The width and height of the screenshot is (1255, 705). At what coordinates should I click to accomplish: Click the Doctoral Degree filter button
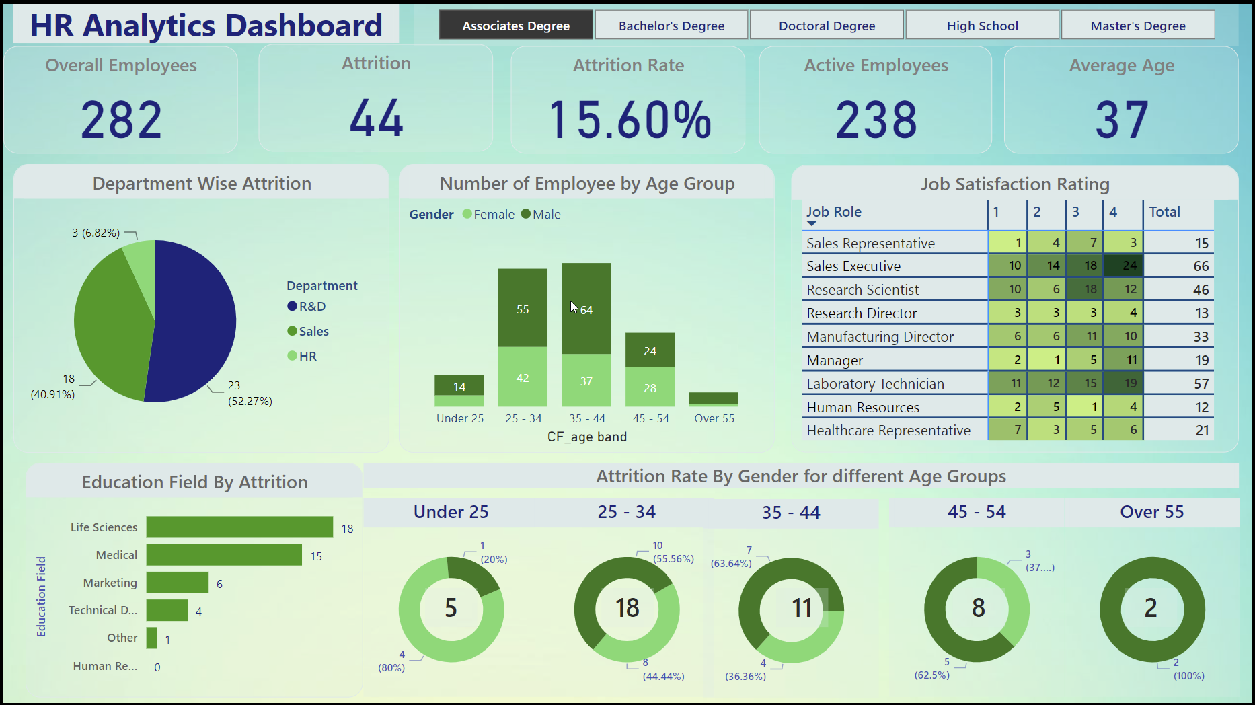click(x=827, y=26)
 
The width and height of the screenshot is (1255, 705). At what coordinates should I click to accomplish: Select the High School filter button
click(x=982, y=26)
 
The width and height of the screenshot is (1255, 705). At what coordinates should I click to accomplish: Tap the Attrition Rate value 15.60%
click(x=629, y=120)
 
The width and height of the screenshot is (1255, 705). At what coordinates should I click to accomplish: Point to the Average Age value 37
click(x=1121, y=120)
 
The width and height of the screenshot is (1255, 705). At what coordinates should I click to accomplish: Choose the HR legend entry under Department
click(x=307, y=356)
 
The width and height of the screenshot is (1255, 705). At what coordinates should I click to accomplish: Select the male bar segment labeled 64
click(x=586, y=309)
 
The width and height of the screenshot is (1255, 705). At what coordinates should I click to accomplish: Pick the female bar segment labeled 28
click(x=650, y=387)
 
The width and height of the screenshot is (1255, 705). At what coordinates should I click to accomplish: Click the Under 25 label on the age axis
click(x=460, y=418)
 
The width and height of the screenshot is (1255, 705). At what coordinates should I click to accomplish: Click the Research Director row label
click(x=862, y=313)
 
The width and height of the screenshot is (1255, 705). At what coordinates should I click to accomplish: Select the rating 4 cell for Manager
click(x=1123, y=360)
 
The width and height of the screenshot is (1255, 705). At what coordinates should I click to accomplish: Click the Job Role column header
click(x=834, y=211)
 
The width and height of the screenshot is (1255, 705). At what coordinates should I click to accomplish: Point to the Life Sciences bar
click(x=239, y=527)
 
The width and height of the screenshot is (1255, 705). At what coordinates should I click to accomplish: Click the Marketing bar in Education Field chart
click(x=178, y=583)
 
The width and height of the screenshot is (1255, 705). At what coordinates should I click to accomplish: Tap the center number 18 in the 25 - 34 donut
click(x=627, y=608)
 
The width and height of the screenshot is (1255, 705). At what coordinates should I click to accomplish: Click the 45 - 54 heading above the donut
click(x=977, y=512)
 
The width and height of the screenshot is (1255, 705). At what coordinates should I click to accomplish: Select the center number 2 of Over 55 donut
click(x=1151, y=608)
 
